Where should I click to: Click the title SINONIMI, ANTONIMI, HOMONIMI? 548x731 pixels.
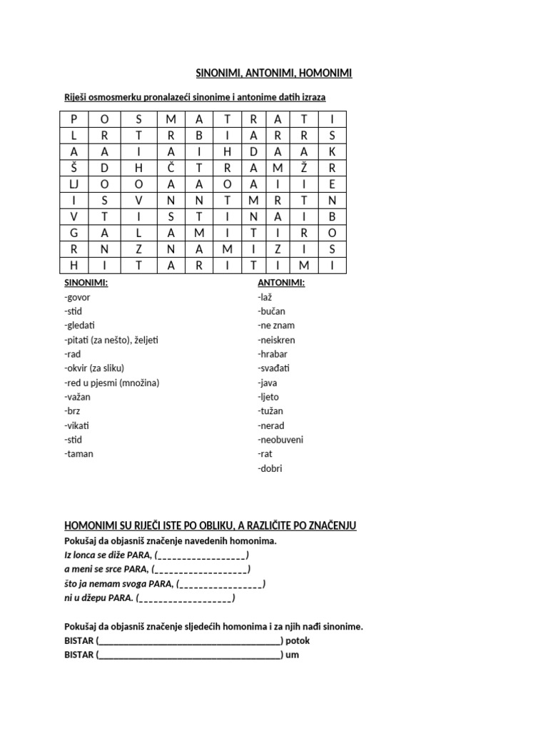click(274, 73)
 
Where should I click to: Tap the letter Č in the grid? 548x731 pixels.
click(171, 168)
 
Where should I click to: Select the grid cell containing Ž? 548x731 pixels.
click(303, 168)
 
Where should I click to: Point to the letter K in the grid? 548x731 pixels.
click(331, 151)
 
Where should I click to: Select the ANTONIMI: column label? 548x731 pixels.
click(280, 283)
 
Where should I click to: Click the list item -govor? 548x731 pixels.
click(77, 297)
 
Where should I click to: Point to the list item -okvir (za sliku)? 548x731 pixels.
click(94, 368)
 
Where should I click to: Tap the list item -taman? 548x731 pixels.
click(78, 454)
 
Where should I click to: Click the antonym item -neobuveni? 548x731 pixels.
click(280, 440)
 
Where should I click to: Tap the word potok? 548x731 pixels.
click(298, 641)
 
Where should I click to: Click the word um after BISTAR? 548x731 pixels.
click(292, 655)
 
